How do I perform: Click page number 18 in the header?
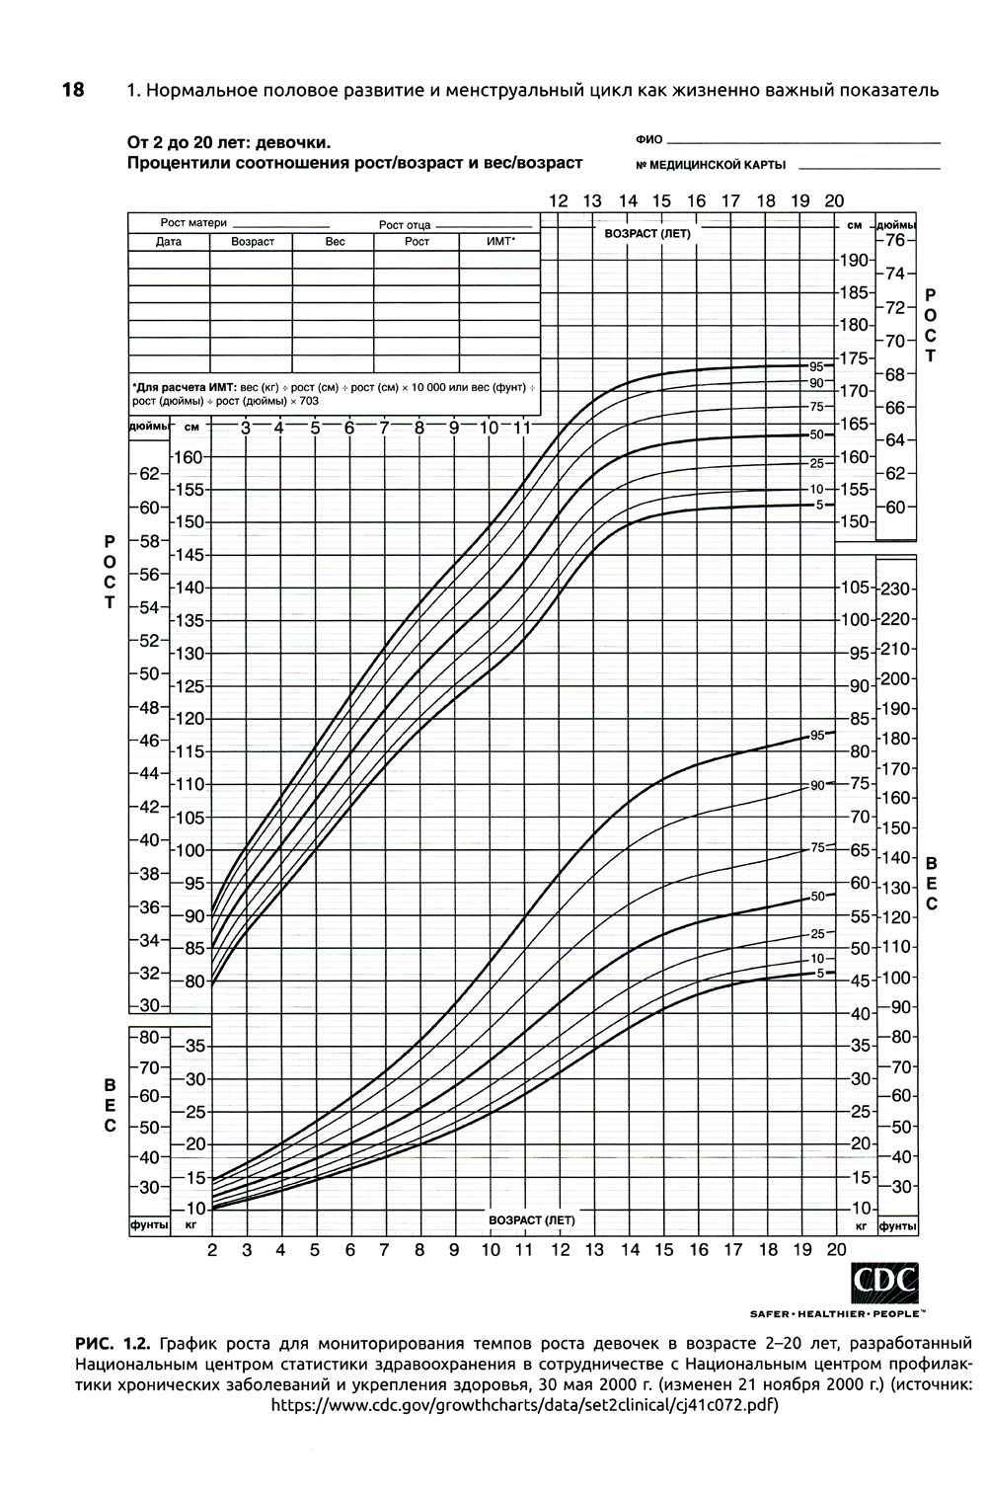point(73,90)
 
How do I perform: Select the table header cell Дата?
point(169,242)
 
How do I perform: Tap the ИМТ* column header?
point(500,242)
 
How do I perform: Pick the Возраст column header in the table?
point(252,242)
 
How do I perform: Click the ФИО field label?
point(649,140)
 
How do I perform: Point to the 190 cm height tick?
point(855,260)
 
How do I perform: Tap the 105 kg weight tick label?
point(855,589)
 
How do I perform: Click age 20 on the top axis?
point(834,201)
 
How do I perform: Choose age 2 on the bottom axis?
point(212,1250)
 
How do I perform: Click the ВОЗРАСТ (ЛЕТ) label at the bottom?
point(531,1220)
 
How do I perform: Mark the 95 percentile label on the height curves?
point(816,365)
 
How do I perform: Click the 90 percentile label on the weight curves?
point(817,785)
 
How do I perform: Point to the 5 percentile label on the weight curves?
point(819,973)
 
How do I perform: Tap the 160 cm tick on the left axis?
point(188,457)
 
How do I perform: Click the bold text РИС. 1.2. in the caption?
point(112,1344)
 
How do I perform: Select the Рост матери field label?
point(193,223)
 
